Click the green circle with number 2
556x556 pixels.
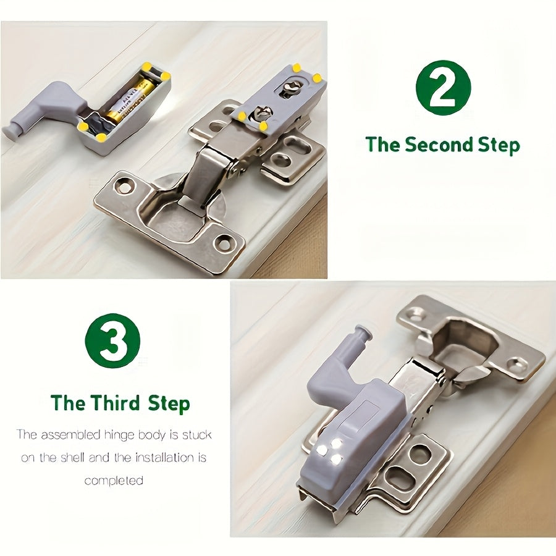click(x=443, y=87)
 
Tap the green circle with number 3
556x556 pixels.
click(x=112, y=341)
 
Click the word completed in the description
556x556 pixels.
click(x=114, y=480)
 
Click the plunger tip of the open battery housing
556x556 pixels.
click(x=10, y=132)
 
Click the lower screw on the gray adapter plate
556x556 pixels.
click(x=262, y=114)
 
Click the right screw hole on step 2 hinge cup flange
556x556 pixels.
click(x=223, y=243)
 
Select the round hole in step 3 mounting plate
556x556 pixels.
click(x=419, y=455)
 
